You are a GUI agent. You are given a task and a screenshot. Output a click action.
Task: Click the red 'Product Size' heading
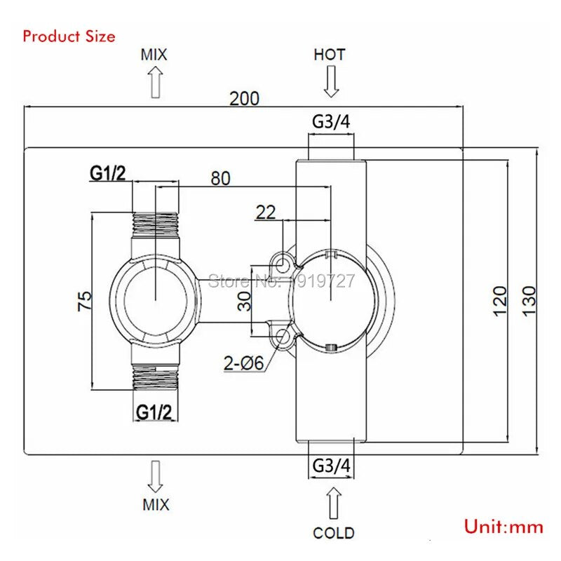(x=69, y=36)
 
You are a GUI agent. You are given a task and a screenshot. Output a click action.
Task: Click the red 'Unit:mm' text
(x=503, y=527)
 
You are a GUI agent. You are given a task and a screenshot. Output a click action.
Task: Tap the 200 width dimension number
(x=244, y=99)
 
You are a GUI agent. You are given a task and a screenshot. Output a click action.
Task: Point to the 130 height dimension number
(x=529, y=301)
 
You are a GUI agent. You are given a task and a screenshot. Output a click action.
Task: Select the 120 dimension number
(x=500, y=301)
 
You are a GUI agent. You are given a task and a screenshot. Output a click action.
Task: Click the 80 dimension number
(x=220, y=178)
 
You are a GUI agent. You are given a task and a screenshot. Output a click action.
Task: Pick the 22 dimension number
(x=266, y=212)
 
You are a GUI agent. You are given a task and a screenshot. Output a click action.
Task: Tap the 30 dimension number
(x=245, y=302)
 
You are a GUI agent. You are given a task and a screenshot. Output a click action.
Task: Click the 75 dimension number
(x=85, y=302)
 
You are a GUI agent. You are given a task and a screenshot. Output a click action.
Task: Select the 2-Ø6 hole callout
(x=243, y=363)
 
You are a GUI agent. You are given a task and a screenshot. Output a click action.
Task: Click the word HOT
(x=330, y=55)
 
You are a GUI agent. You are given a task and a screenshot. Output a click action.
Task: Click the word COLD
(x=334, y=533)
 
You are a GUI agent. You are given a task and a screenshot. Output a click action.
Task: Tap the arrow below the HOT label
(x=331, y=81)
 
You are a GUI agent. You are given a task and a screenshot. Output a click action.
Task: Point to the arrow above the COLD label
(x=334, y=503)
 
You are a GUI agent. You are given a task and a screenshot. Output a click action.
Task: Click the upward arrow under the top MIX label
(x=155, y=82)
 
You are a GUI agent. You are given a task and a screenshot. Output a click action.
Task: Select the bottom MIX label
(x=156, y=505)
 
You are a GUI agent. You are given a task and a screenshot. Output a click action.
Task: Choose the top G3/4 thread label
(x=331, y=121)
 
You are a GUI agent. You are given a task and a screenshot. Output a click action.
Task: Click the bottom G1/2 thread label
(x=154, y=412)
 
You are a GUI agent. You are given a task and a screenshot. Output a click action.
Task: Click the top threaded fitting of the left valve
(x=155, y=224)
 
